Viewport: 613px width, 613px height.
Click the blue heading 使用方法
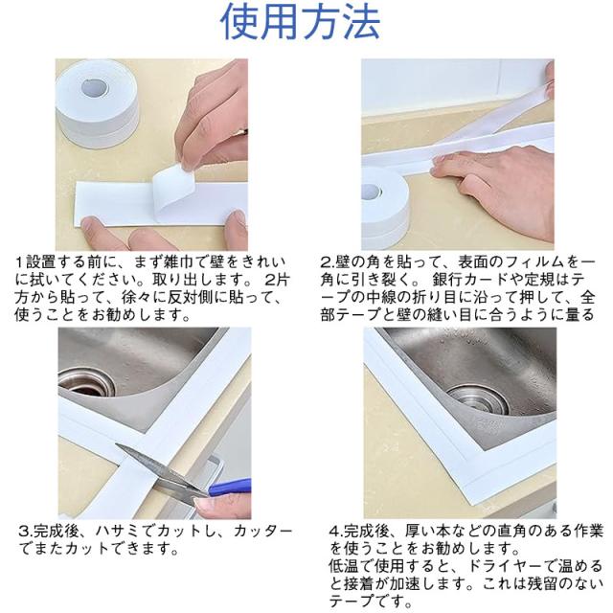[300, 22]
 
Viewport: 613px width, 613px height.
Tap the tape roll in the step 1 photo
[97, 103]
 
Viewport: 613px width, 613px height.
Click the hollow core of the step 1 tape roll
[95, 87]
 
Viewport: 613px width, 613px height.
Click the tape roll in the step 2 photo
[384, 207]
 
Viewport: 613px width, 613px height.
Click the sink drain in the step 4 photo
[478, 399]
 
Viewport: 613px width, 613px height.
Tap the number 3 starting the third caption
[24, 532]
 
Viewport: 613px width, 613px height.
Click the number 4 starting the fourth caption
[334, 532]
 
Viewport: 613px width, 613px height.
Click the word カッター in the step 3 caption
[262, 531]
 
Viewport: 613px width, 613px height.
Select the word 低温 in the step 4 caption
[344, 566]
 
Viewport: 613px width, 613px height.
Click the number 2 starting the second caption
[326, 261]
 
